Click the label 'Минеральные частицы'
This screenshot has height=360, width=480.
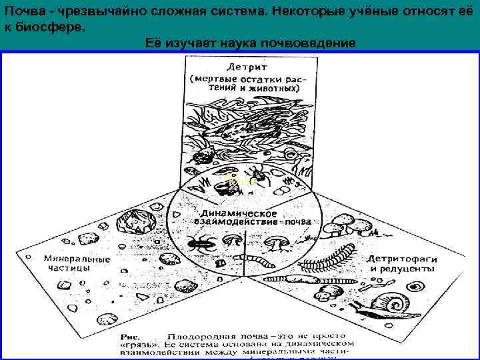point(69,262)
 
